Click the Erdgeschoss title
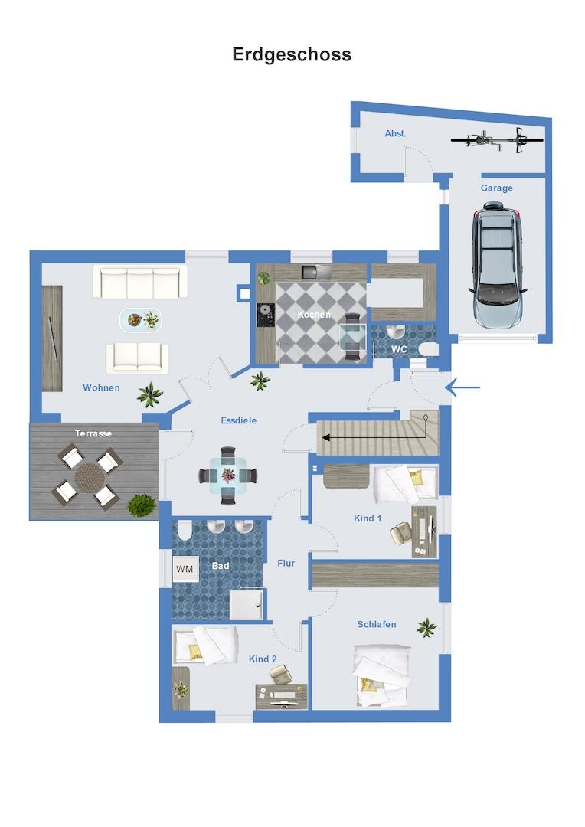point(292,55)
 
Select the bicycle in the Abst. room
point(497,140)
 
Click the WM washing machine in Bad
point(185,569)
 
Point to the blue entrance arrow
point(462,387)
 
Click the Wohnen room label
point(101,387)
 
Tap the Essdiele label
point(238,420)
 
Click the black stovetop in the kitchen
point(266,315)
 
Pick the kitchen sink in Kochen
point(316,272)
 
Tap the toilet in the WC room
point(428,348)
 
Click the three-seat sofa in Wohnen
point(140,282)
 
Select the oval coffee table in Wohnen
point(140,320)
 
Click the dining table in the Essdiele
point(228,476)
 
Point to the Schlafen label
point(377,625)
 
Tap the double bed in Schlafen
point(381,675)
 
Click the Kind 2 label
point(263,659)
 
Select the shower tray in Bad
point(246,604)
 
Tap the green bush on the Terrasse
point(142,505)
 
